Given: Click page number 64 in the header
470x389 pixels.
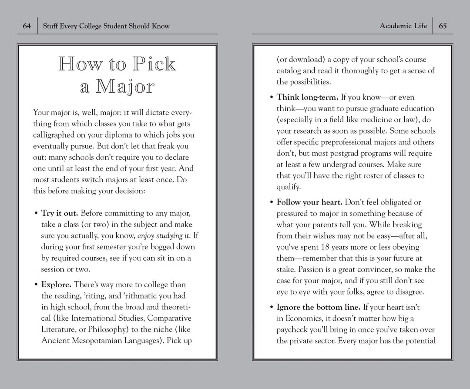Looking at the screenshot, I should [x=27, y=26].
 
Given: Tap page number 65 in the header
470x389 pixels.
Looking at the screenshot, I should [x=443, y=26].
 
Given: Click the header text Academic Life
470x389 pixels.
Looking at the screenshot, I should [x=403, y=26].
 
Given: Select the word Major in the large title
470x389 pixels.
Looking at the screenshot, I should [x=125, y=87].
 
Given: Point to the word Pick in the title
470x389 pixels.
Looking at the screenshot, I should [x=154, y=64].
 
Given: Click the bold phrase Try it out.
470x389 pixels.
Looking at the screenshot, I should [x=60, y=213].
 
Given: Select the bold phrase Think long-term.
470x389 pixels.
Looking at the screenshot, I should [x=307, y=97].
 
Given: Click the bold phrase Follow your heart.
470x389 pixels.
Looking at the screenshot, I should [x=310, y=202].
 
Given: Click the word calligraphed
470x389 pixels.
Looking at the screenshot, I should [x=54, y=135].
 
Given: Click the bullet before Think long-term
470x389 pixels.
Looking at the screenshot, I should [x=272, y=97].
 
